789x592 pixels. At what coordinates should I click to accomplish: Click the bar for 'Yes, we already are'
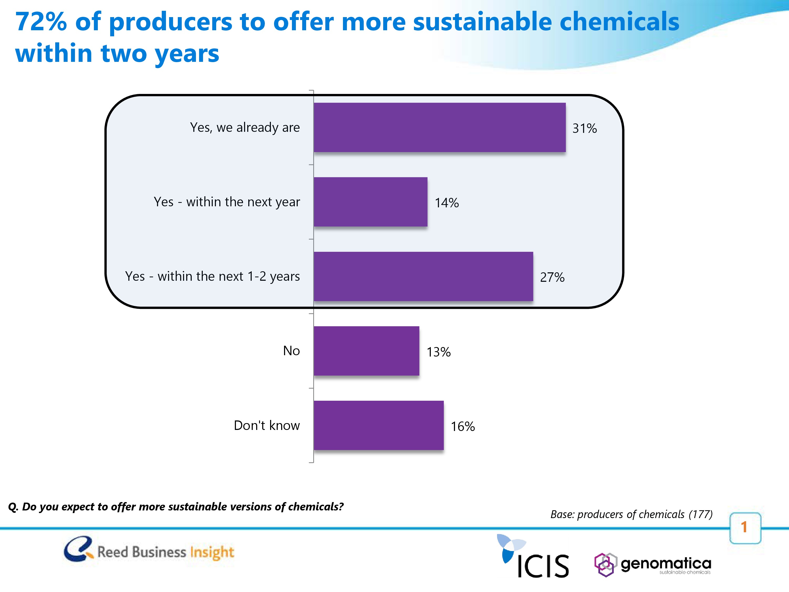coord(439,127)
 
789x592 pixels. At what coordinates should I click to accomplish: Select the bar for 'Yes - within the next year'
coord(370,202)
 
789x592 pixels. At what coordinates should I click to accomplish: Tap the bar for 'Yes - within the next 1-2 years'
coord(423,277)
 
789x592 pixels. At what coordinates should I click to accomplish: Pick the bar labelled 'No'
coord(366,351)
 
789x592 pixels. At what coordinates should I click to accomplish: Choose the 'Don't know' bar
coord(378,425)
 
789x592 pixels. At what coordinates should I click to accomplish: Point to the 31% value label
coord(584,128)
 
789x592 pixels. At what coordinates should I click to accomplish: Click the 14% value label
coord(447,203)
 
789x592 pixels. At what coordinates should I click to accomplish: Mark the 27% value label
coord(552,277)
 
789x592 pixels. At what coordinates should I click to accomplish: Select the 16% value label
coord(463,427)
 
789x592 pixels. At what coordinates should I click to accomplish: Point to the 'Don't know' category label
coord(266,425)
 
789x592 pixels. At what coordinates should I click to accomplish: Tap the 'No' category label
coord(291,351)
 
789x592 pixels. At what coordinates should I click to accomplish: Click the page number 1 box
coord(745,528)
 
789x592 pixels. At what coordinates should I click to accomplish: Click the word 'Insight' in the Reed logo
coord(212,552)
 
